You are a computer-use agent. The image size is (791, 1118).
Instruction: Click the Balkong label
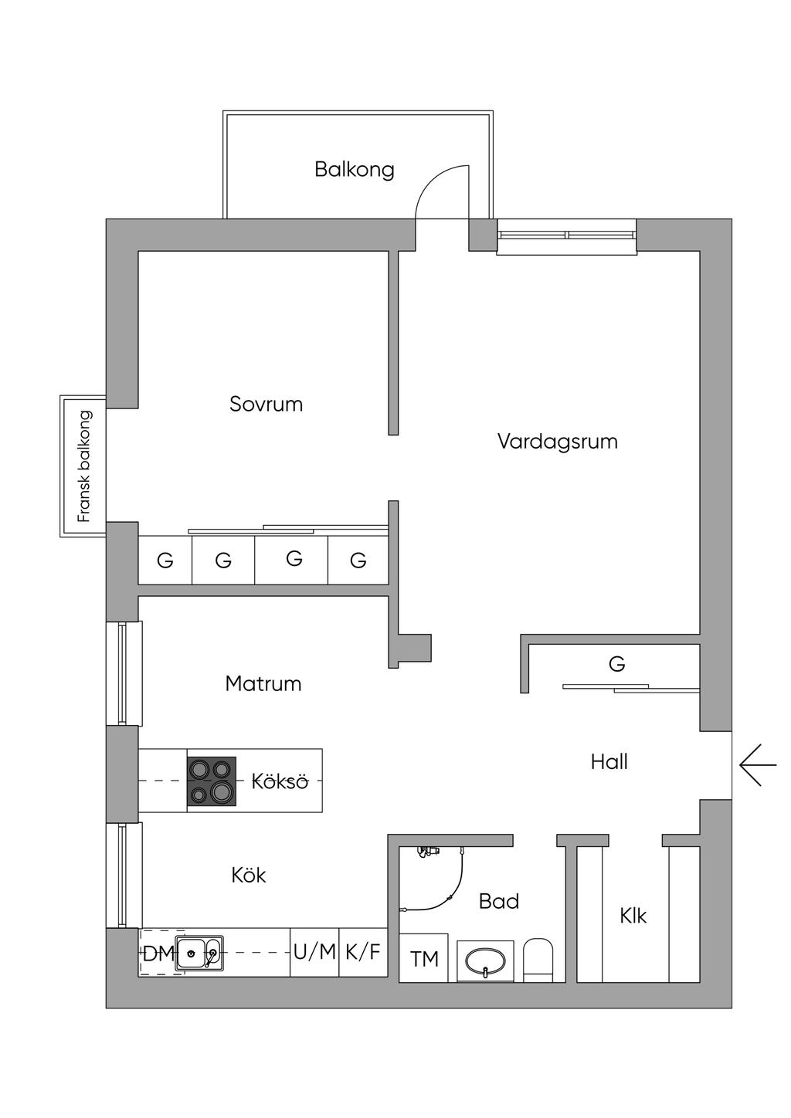(x=354, y=169)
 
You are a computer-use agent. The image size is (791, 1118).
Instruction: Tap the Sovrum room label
(x=266, y=404)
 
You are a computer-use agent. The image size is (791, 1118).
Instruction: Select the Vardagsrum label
(x=557, y=442)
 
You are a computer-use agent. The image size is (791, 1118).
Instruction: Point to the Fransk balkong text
(x=84, y=466)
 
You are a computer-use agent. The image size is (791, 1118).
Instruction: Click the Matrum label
(x=263, y=683)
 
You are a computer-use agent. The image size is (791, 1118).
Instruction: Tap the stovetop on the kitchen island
(x=211, y=781)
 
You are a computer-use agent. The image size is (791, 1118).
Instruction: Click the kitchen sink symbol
(x=199, y=953)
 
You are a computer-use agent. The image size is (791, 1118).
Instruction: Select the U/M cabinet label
(x=314, y=952)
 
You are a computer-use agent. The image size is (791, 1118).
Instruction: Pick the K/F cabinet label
(x=363, y=952)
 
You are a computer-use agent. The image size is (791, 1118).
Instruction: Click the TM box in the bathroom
(x=424, y=959)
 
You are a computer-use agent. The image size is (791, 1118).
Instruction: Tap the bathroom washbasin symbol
(x=484, y=960)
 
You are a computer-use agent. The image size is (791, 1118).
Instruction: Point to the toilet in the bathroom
(x=538, y=960)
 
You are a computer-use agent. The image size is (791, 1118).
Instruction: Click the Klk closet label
(x=633, y=916)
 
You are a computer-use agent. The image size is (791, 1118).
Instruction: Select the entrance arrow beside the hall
(x=758, y=765)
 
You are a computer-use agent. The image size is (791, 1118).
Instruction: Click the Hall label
(x=609, y=762)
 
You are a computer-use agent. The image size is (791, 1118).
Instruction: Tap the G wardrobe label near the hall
(x=616, y=664)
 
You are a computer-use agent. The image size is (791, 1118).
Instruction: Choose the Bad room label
(x=498, y=901)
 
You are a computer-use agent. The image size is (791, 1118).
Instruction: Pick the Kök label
(x=249, y=875)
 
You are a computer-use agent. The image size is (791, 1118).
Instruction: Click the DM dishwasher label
(x=158, y=954)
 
